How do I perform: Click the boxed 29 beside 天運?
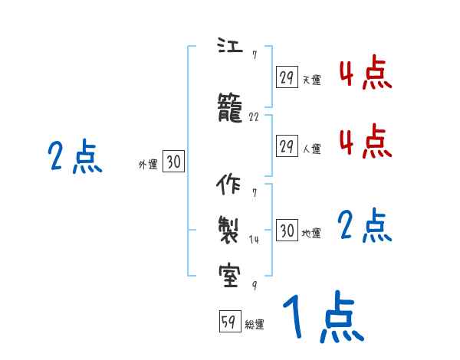287,77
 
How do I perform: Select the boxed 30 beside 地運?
287,231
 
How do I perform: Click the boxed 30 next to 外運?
173,162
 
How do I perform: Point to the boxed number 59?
228,322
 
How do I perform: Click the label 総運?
255,325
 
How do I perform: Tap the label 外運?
147,164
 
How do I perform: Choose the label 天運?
311,79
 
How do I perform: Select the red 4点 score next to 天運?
365,73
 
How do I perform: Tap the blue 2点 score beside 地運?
365,226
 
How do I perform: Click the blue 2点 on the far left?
74,157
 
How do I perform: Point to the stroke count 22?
255,118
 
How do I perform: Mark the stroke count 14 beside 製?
255,239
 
